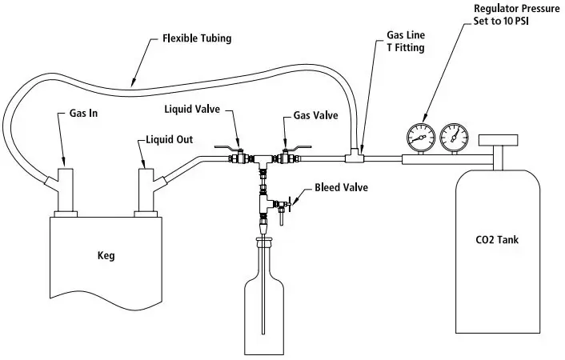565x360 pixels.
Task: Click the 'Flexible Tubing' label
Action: coord(198,38)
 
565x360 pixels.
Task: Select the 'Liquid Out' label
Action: coord(169,139)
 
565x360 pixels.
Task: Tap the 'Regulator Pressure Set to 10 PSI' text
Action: coord(515,15)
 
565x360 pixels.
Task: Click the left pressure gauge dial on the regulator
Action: coord(418,138)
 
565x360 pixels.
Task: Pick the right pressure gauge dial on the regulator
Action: coord(454,138)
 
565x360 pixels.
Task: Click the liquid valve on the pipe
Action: coord(238,158)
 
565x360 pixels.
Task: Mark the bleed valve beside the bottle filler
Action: coord(282,210)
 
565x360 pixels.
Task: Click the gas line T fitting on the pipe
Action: coord(355,157)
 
